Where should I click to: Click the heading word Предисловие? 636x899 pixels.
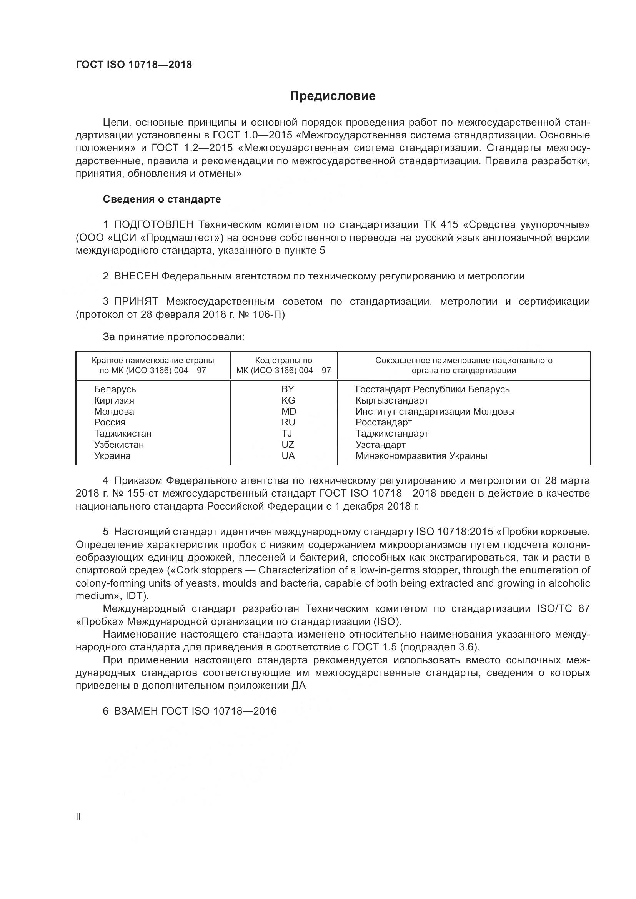[x=333, y=96]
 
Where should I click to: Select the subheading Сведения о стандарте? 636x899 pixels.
[x=162, y=199]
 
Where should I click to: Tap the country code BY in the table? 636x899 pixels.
[x=288, y=389]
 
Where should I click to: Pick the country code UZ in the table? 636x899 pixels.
[x=288, y=444]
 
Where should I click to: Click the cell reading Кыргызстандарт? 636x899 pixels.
[x=391, y=400]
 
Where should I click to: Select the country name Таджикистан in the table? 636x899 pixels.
[x=123, y=434]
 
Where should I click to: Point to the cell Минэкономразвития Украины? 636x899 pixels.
[x=421, y=456]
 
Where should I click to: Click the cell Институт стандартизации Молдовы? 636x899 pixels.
[x=435, y=412]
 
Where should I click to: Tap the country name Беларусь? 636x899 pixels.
[x=115, y=389]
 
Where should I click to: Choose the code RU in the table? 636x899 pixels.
[x=288, y=422]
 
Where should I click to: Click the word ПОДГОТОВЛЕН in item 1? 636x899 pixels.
[x=153, y=225]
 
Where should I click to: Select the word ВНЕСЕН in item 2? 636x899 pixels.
[x=136, y=276]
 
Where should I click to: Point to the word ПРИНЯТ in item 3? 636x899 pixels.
[x=136, y=302]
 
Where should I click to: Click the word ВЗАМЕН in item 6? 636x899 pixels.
[x=135, y=711]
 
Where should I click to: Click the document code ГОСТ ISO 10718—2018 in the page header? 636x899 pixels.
[x=134, y=65]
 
